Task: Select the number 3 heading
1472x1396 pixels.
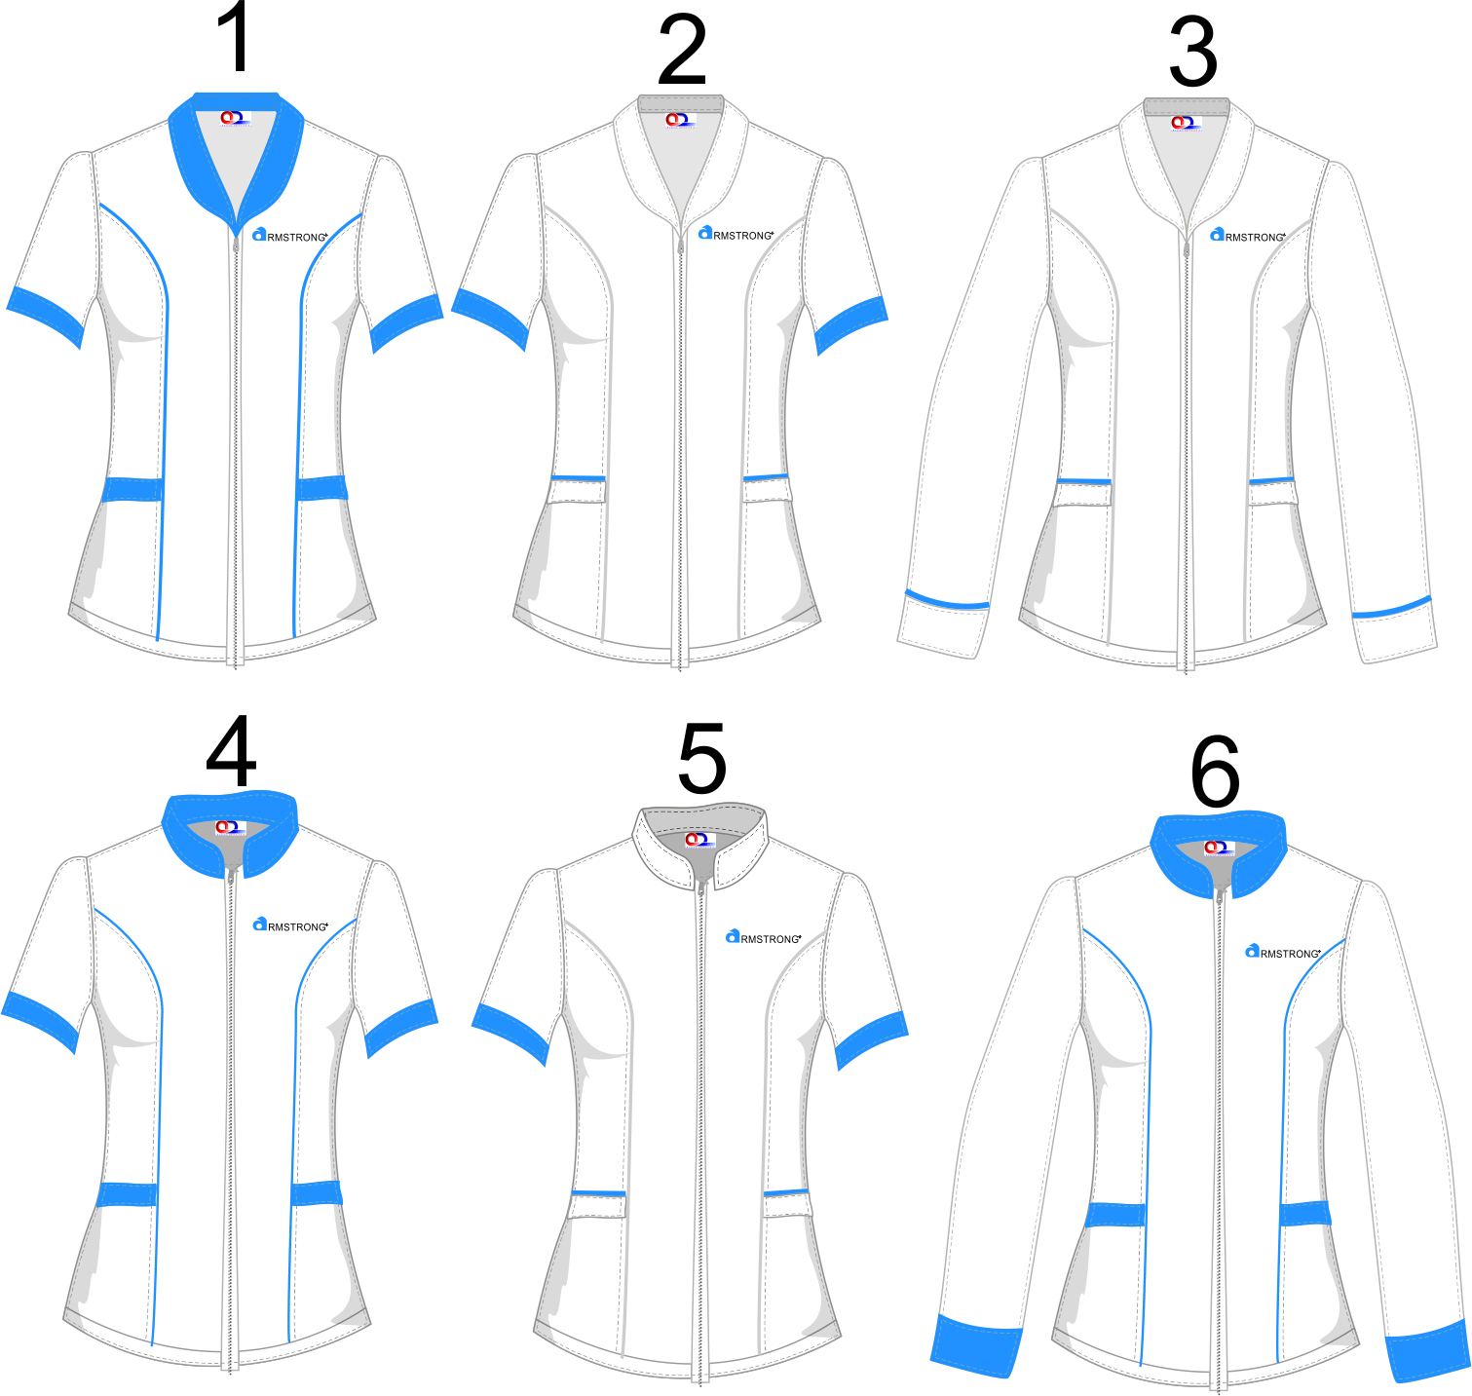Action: pos(1192,54)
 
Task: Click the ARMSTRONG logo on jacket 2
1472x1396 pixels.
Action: pos(736,235)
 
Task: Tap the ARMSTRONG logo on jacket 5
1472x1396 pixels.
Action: pos(764,938)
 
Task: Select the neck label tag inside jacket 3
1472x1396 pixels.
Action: pos(1185,123)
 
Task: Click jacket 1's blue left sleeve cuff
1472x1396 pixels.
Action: pos(45,314)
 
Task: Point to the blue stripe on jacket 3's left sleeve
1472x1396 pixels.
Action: pos(946,601)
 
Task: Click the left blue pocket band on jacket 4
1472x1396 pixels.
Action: pos(128,1194)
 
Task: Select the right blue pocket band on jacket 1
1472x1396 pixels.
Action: pos(322,487)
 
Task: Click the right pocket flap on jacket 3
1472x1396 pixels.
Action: pos(1273,493)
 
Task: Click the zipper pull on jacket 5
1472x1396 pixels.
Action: pos(700,887)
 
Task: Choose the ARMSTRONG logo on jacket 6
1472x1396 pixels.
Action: pos(1283,952)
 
